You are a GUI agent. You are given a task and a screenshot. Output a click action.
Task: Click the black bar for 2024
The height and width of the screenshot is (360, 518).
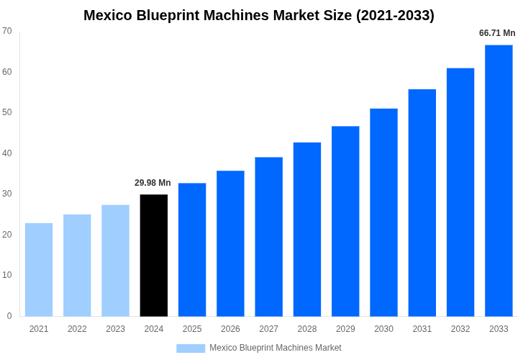click(154, 255)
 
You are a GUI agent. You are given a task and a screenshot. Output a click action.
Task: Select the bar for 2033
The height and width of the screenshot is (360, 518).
click(499, 180)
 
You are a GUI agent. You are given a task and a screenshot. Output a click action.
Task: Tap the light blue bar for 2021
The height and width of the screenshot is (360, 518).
click(39, 269)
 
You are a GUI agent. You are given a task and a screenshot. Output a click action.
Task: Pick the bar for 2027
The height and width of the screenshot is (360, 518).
click(268, 236)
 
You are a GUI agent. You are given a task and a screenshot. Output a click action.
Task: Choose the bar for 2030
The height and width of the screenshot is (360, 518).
click(383, 212)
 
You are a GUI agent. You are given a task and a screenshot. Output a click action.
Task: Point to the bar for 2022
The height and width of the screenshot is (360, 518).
click(77, 265)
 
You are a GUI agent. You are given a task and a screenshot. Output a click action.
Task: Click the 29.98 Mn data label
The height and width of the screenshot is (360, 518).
click(153, 183)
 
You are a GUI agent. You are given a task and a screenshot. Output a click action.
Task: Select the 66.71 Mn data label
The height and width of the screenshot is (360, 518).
click(497, 33)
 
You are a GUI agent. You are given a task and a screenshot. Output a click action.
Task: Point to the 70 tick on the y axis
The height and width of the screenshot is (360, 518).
click(7, 31)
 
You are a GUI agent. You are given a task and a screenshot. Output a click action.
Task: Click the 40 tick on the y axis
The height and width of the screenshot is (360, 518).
click(7, 153)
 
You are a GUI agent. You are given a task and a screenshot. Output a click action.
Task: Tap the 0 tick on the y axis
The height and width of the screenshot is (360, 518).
click(9, 316)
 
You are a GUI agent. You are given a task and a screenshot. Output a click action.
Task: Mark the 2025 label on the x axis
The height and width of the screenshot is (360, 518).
click(192, 329)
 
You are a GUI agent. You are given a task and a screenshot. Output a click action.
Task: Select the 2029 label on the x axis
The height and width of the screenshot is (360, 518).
click(345, 329)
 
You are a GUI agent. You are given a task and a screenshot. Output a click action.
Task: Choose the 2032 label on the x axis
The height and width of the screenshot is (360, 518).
click(460, 329)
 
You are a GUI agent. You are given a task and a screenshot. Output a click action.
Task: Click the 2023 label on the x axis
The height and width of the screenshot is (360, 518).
click(115, 329)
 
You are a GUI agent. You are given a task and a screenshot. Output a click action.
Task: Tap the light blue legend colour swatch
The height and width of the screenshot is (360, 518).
click(191, 348)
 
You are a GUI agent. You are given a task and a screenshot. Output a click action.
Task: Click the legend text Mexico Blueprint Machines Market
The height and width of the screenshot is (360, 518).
click(276, 348)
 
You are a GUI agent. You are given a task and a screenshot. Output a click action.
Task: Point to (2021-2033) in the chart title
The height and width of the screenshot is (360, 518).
click(395, 15)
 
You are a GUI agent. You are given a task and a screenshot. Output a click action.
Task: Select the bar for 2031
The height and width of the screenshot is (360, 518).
click(422, 202)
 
